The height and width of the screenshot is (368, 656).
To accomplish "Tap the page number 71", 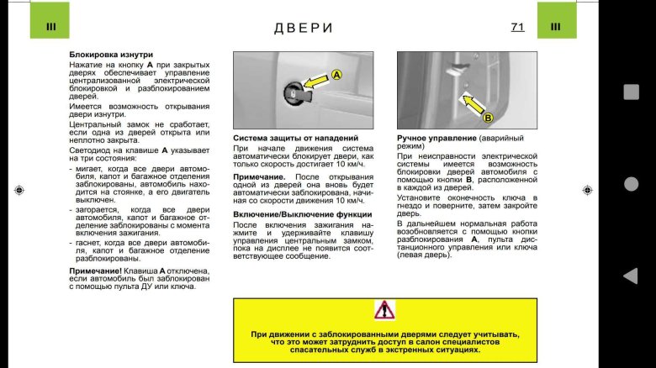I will pos(517,27).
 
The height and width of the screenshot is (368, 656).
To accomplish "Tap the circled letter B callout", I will pos(488,118).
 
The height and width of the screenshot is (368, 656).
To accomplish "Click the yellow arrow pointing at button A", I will pos(315,81).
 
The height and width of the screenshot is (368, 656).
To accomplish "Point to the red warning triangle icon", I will pos(384,309).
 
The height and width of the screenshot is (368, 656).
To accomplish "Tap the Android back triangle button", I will pos(630,276).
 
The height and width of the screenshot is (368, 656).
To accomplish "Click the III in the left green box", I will pos(50,27).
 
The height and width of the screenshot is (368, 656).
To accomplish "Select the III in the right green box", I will pos(555,27).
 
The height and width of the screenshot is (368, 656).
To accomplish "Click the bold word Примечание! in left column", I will pos(95,271).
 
